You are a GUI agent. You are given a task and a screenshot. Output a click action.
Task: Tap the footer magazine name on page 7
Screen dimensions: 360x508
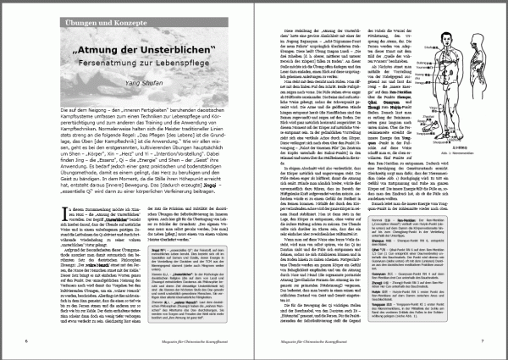(x=382, y=341)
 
